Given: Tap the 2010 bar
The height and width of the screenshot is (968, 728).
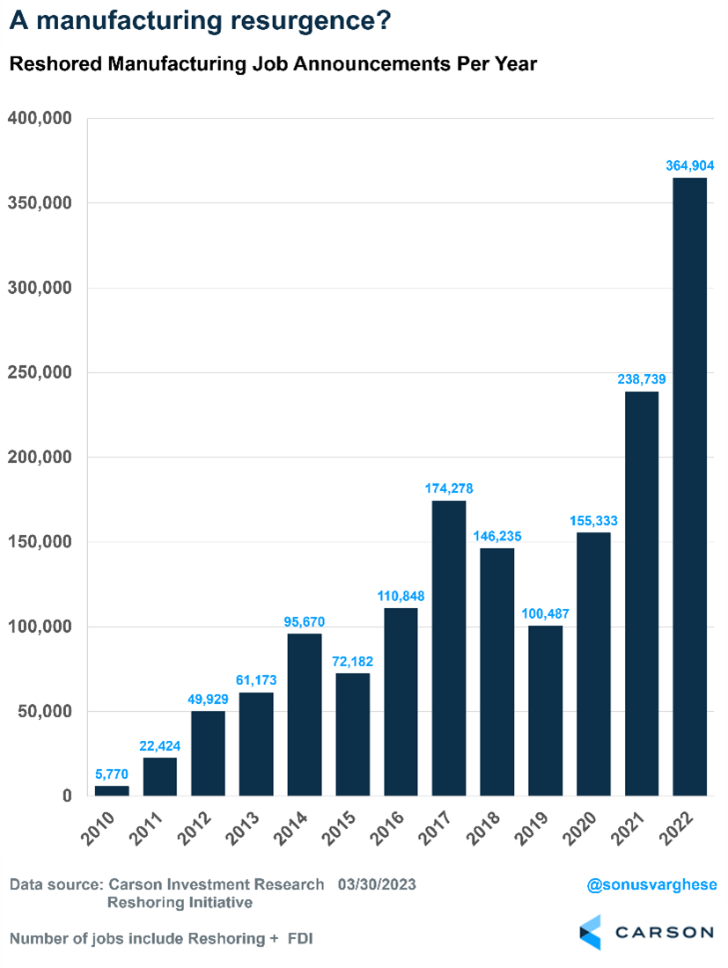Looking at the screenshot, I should pos(112,790).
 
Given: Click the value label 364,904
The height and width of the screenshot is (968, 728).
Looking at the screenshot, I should pos(689,165).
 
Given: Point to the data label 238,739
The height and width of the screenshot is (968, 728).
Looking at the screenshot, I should pos(642,378).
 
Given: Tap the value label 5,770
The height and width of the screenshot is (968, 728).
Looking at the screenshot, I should pos(112,773).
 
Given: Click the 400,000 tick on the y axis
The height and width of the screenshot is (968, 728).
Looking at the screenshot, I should pos(41,118).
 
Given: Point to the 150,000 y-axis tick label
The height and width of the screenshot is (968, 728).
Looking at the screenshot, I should pos(41,542).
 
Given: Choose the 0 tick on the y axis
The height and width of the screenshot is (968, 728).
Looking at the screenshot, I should pos(66,796).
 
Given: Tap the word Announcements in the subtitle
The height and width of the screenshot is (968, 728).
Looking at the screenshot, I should pos(374,64).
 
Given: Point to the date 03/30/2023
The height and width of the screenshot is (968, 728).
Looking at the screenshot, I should pos(377,884).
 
